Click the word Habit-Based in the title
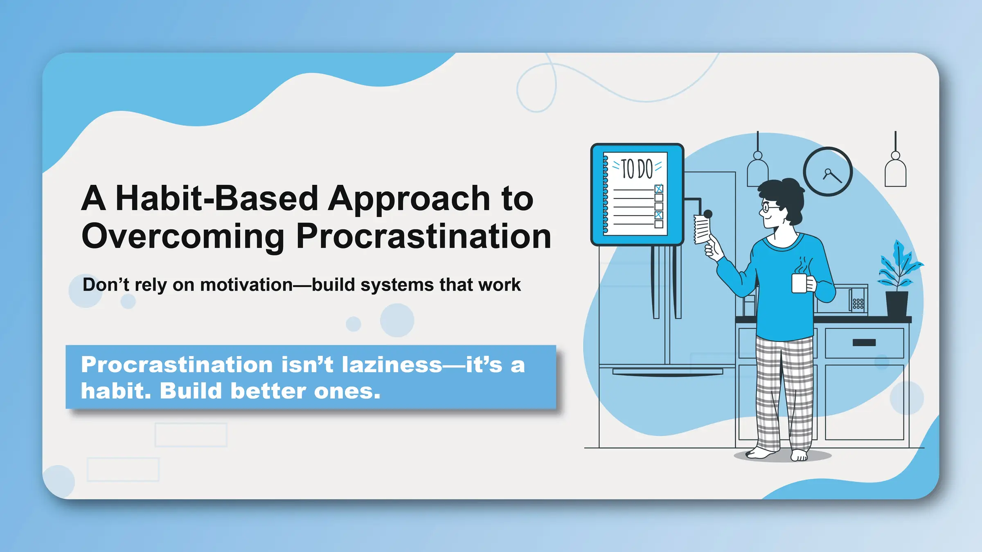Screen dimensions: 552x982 click(x=217, y=199)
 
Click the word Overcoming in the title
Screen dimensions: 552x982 click(x=183, y=237)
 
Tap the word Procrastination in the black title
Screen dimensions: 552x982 click(x=423, y=237)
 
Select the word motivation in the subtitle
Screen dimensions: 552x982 click(x=246, y=285)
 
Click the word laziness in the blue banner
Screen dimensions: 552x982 click(x=392, y=365)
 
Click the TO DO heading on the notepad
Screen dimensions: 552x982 click(x=637, y=168)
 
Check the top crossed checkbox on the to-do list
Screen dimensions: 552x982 click(x=659, y=188)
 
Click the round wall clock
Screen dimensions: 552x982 click(x=828, y=172)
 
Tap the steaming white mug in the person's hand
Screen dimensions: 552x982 click(x=799, y=283)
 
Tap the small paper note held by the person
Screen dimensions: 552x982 click(x=702, y=230)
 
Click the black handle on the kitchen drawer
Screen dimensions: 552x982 click(x=864, y=343)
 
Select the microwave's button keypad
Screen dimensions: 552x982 click(x=858, y=303)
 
